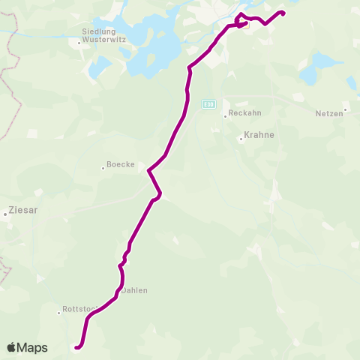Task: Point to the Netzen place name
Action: click(327, 112)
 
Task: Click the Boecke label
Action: click(121, 164)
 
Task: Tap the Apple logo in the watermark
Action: click(12, 347)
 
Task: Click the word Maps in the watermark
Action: click(33, 347)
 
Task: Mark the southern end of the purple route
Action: click(76, 346)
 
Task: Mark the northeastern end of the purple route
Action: click(283, 12)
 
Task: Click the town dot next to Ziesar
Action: click(4, 214)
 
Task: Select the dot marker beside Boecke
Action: click(103, 167)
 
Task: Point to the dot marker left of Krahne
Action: click(241, 139)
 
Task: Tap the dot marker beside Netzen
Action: click(344, 112)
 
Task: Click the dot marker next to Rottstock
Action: click(59, 312)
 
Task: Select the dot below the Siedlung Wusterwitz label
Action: click(79, 42)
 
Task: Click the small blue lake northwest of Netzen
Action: click(309, 76)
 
